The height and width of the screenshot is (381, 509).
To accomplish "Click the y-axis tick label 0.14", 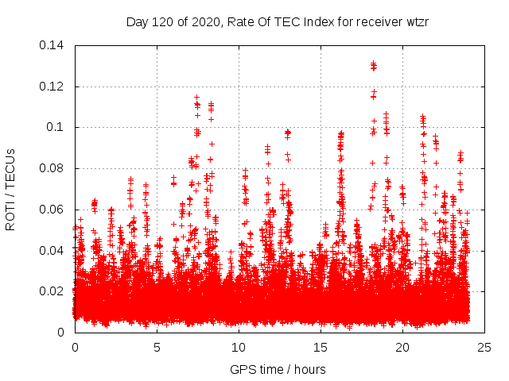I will click(x=52, y=45).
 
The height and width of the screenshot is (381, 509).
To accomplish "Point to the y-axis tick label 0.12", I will click(x=52, y=87).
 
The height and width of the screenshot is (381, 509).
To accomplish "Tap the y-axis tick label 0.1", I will click(x=56, y=127).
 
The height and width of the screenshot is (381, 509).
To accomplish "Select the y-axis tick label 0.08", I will click(x=52, y=168).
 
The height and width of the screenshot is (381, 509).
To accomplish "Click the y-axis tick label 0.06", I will click(x=52, y=210).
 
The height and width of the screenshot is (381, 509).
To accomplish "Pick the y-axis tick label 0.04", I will click(x=52, y=251).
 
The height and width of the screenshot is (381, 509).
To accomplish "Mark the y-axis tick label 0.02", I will click(x=52, y=291).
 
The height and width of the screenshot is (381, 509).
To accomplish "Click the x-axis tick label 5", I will click(x=157, y=347).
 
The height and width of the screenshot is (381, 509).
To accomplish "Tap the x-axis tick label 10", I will click(x=239, y=347).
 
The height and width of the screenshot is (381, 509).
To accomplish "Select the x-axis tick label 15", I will click(x=321, y=347).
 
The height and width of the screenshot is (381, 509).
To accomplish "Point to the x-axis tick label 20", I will click(x=402, y=347).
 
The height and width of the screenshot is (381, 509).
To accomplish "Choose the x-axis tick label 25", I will click(x=484, y=347).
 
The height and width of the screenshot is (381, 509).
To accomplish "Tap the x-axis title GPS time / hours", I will click(x=278, y=369).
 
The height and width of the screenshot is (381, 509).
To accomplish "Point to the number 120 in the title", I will click(x=163, y=21).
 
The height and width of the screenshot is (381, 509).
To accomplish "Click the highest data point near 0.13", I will click(x=373, y=63).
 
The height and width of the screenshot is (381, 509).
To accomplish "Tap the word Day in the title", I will click(x=138, y=21).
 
